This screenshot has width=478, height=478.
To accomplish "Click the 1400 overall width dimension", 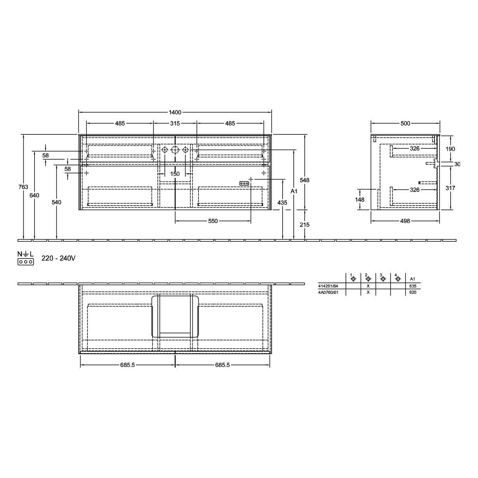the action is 175,112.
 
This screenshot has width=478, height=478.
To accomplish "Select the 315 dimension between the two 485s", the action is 175,123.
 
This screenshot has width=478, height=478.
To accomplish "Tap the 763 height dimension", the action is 23,187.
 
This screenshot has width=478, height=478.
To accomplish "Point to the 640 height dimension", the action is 34,195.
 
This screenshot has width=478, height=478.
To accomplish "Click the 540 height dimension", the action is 56,202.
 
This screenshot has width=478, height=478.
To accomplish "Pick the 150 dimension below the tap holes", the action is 175,174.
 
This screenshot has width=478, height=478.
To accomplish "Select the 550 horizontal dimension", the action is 213,221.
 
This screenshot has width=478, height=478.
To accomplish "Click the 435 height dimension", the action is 282,202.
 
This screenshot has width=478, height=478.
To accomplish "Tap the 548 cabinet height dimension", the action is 305,180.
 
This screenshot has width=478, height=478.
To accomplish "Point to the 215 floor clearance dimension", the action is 305,225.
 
